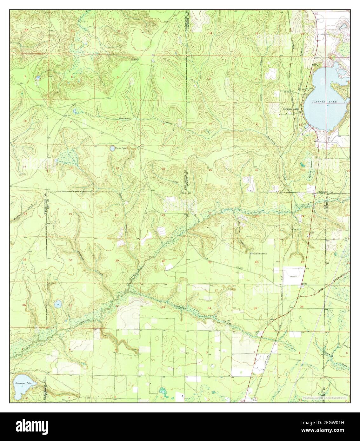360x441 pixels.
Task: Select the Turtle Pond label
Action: tap(121, 148)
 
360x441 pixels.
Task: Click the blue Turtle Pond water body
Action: tap(112, 148)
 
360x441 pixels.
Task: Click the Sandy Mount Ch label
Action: tap(260, 253)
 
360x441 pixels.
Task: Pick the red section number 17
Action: tap(117, 168)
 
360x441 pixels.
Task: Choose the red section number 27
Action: tap(210, 262)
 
